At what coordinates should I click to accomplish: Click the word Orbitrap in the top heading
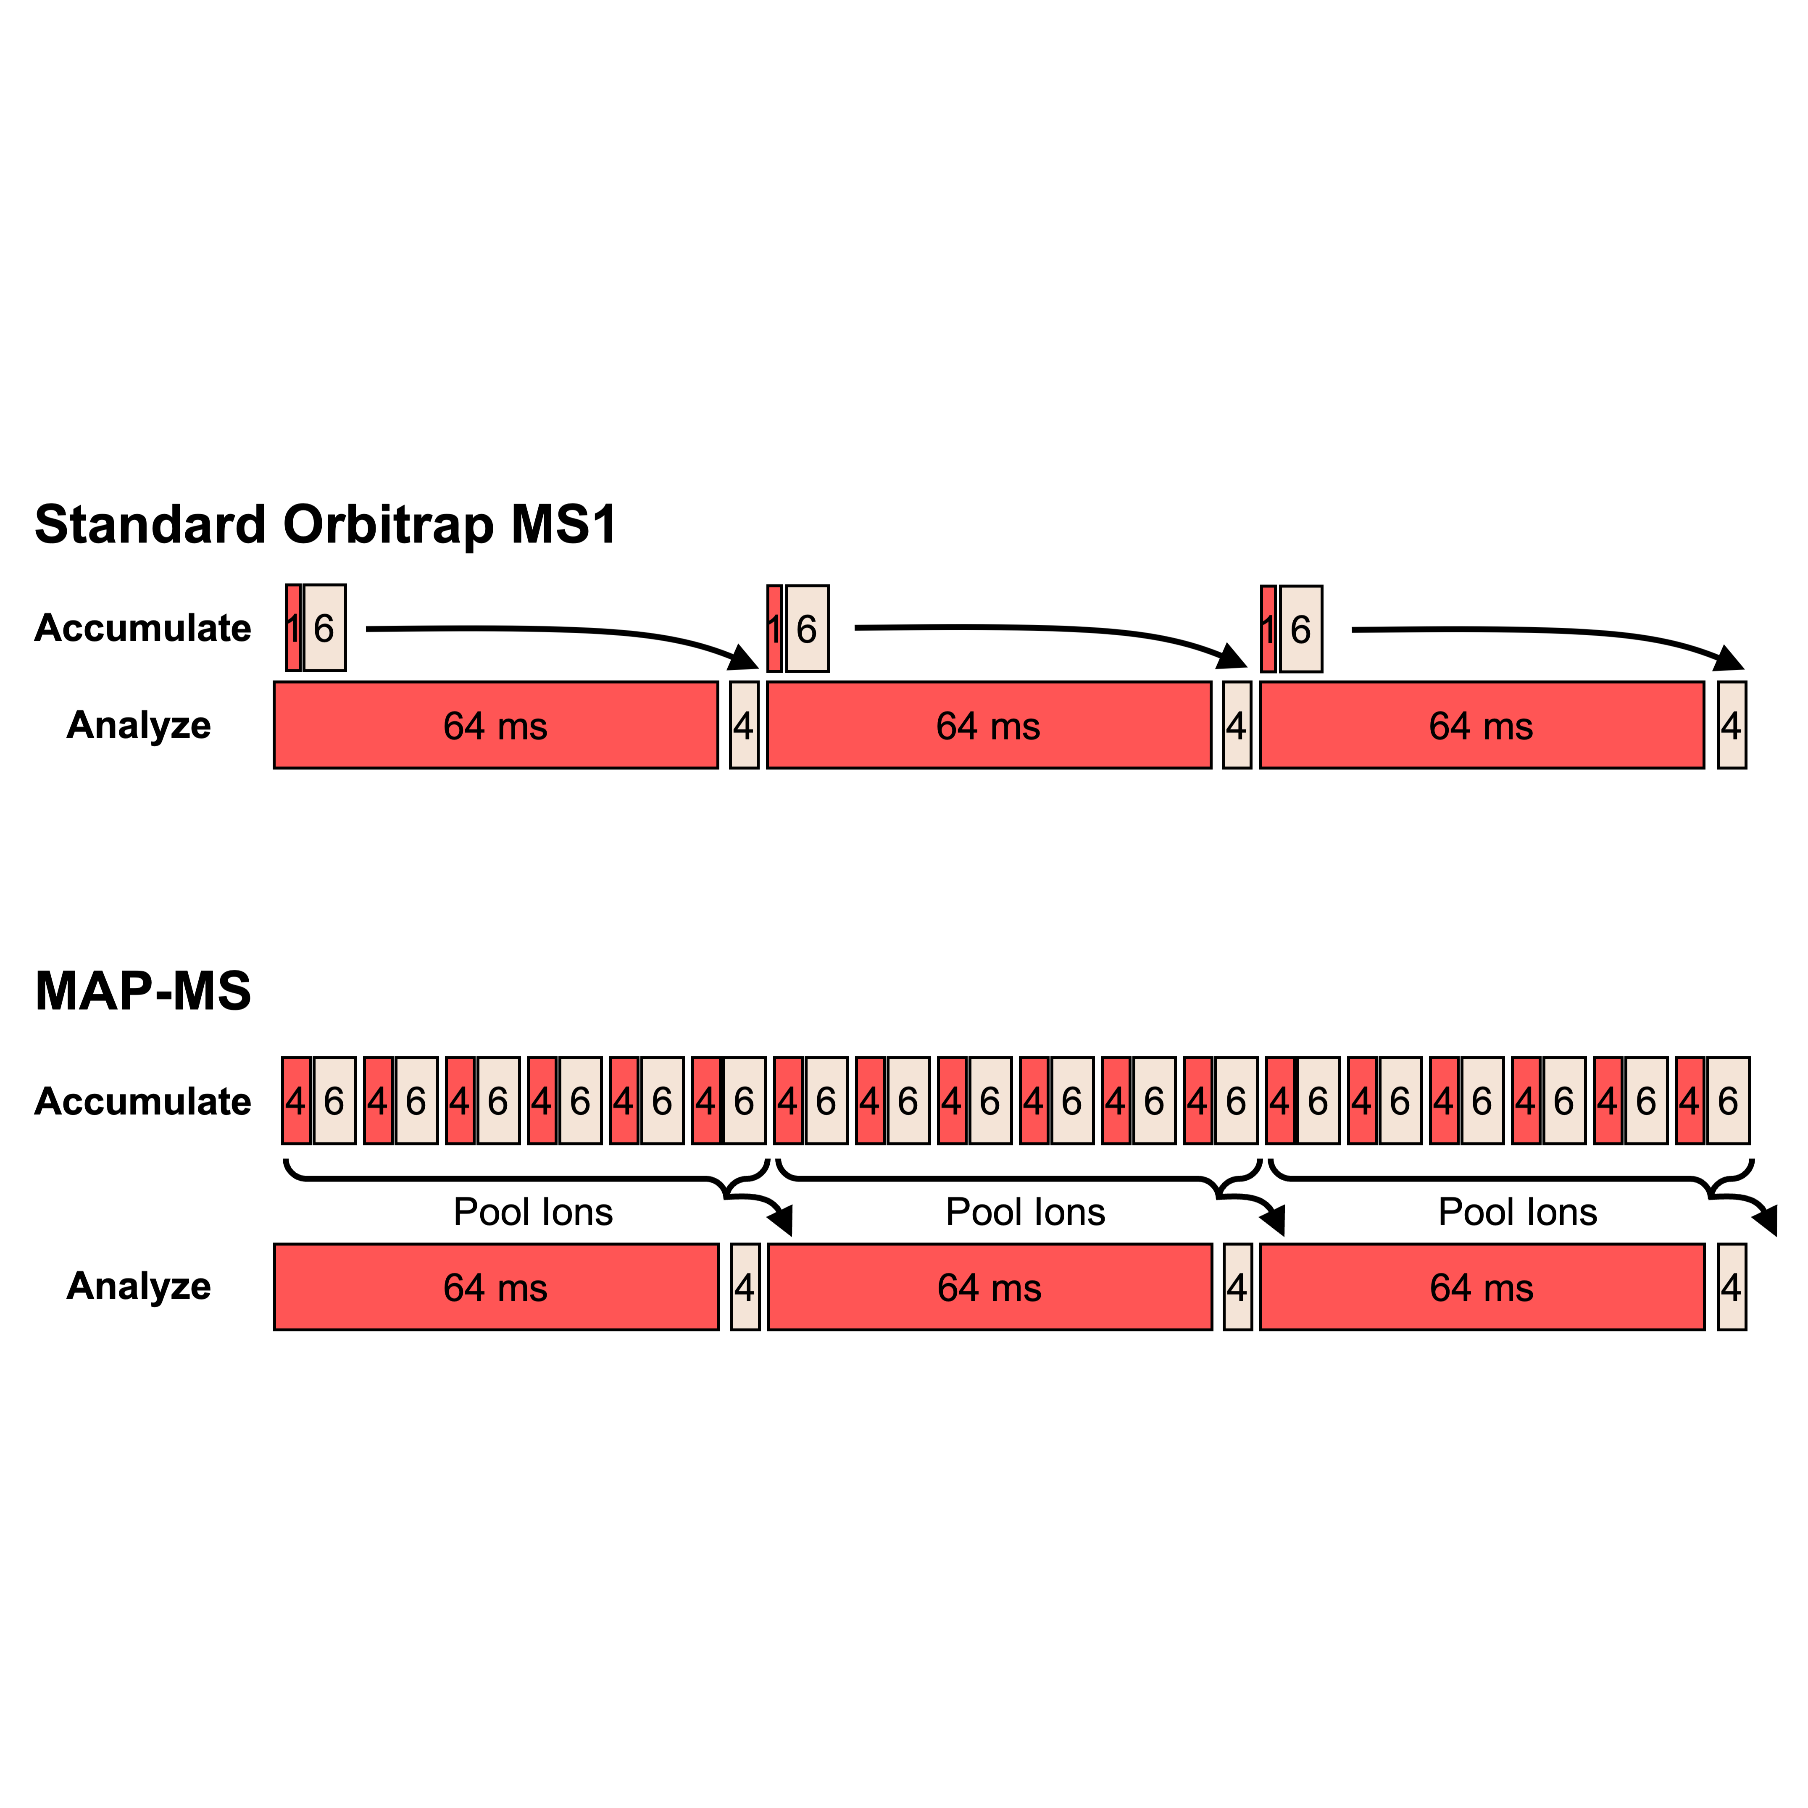pos(388,525)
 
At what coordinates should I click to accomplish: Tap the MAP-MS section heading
pos(143,991)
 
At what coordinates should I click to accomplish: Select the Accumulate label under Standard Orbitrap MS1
pos(143,628)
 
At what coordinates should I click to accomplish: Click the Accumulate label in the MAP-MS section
pos(143,1101)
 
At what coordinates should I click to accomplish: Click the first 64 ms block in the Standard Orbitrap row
pos(496,725)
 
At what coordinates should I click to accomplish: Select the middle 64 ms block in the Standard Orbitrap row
pos(989,725)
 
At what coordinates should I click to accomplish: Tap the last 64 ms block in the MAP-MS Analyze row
pos(1482,1287)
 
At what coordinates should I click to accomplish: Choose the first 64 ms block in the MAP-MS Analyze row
pos(496,1287)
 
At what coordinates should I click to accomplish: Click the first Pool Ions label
pos(534,1212)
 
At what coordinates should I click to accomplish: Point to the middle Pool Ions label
pos(1026,1212)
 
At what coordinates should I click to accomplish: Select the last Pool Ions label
pos(1518,1212)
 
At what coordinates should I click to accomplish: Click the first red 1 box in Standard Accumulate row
pos(293,628)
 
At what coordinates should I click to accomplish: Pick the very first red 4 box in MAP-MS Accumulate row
pos(296,1100)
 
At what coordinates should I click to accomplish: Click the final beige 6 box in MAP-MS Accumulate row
pos(1729,1100)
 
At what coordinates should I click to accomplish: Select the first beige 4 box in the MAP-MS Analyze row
pos(745,1287)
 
